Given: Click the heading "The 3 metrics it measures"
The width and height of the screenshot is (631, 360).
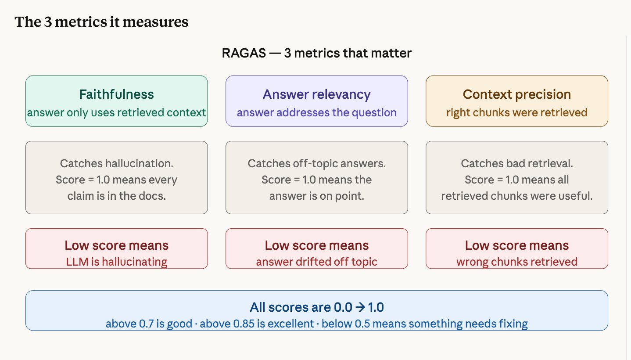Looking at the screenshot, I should coord(101,22).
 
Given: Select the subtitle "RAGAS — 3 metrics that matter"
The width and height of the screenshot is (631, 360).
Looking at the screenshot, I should coord(316,54).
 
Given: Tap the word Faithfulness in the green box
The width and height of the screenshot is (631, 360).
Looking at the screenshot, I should coord(116,94).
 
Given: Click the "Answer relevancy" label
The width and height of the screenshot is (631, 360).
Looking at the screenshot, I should coord(316,94).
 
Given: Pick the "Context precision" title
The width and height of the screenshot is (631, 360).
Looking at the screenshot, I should coord(516,94).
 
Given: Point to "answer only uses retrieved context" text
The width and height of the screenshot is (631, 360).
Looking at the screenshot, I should coord(116,112).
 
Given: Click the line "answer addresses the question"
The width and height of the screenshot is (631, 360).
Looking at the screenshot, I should coord(316,112).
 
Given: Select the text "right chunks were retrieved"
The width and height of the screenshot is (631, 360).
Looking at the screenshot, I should coord(516,112).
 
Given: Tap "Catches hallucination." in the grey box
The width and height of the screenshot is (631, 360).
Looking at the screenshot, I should coord(116,164).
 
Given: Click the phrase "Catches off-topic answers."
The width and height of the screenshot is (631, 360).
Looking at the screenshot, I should coord(316,164).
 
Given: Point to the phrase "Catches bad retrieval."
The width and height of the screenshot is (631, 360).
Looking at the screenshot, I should coord(516,164).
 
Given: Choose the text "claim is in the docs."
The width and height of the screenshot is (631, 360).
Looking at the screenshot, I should coord(116,196).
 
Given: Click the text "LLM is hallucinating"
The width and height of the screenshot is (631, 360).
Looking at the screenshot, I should coord(116,262).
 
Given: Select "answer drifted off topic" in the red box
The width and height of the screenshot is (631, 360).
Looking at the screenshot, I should coord(316,262).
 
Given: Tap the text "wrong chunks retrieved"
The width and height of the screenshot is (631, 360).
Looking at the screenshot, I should coord(516,262).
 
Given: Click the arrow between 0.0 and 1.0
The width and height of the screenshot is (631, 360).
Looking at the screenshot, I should coord(360,307).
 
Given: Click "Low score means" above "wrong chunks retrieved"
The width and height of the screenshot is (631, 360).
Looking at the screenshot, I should coord(516,245).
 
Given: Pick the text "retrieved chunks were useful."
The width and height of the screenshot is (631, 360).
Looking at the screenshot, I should coord(516,196).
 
